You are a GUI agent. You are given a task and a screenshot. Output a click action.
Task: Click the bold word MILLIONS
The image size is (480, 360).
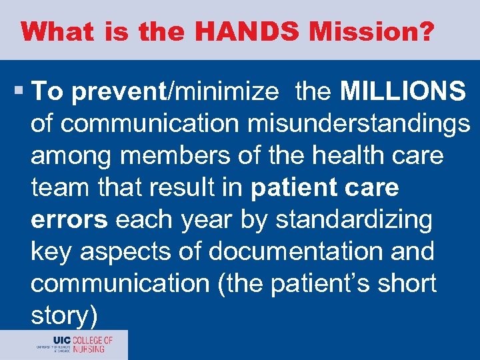(403, 92)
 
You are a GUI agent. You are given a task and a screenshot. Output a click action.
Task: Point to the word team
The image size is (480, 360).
(58, 188)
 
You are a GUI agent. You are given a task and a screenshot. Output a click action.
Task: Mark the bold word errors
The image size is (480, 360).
(70, 220)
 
